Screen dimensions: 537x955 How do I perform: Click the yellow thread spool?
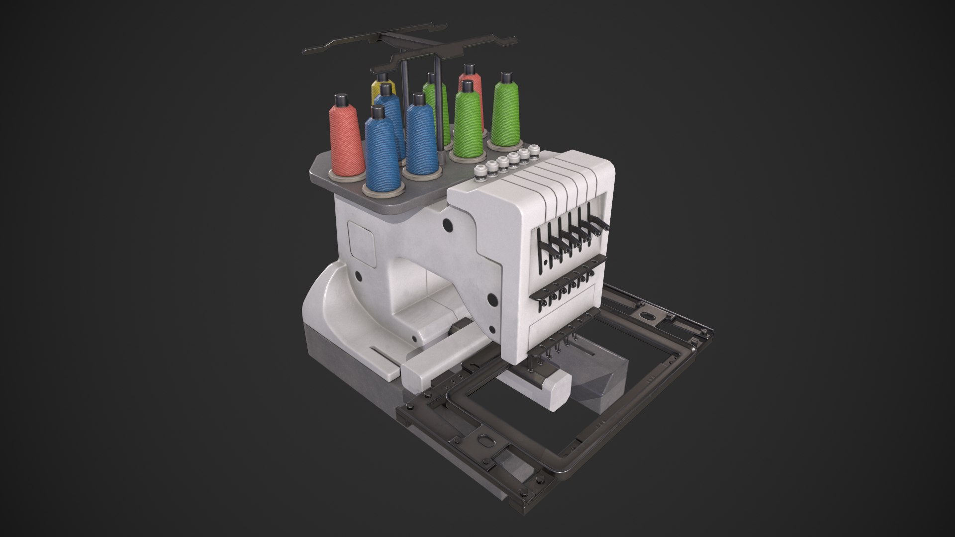[x=382, y=90]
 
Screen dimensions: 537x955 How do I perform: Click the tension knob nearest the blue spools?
[x=480, y=172]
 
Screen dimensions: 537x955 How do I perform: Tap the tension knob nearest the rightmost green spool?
[x=534, y=150]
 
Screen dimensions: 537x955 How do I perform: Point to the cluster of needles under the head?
[x=552, y=351]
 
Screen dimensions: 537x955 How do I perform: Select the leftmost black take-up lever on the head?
[x=542, y=249]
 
